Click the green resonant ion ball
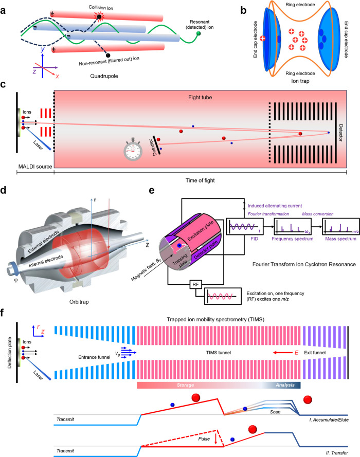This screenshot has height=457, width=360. pos(199,34)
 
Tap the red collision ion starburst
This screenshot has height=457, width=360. pos(99,16)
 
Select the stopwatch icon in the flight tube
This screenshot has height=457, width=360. pos(133,149)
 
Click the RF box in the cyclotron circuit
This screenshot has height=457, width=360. pos(195,284)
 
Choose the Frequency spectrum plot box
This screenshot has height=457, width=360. pos(293,226)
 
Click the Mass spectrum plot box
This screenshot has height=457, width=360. pos(341,226)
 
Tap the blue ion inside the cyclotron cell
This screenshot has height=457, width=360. pos(179,246)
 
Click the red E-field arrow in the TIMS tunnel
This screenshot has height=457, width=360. pos(283,353)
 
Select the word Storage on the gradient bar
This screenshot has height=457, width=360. pos(185,385)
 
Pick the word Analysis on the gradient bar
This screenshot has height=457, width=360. pos(285,385)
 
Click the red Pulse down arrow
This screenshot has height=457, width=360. pos(215,438)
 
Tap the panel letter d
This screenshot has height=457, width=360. pos(4,191)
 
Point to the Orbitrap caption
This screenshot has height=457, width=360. pos(79,302)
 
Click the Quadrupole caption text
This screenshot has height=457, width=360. pos(104,76)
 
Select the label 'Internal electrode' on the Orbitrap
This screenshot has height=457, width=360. pos(46,262)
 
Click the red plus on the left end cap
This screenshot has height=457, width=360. pos(263,38)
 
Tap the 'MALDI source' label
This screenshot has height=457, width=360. pos(35,167)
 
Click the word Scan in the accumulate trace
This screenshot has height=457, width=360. pos(275,412)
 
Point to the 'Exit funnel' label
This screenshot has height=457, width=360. pos(315,353)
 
